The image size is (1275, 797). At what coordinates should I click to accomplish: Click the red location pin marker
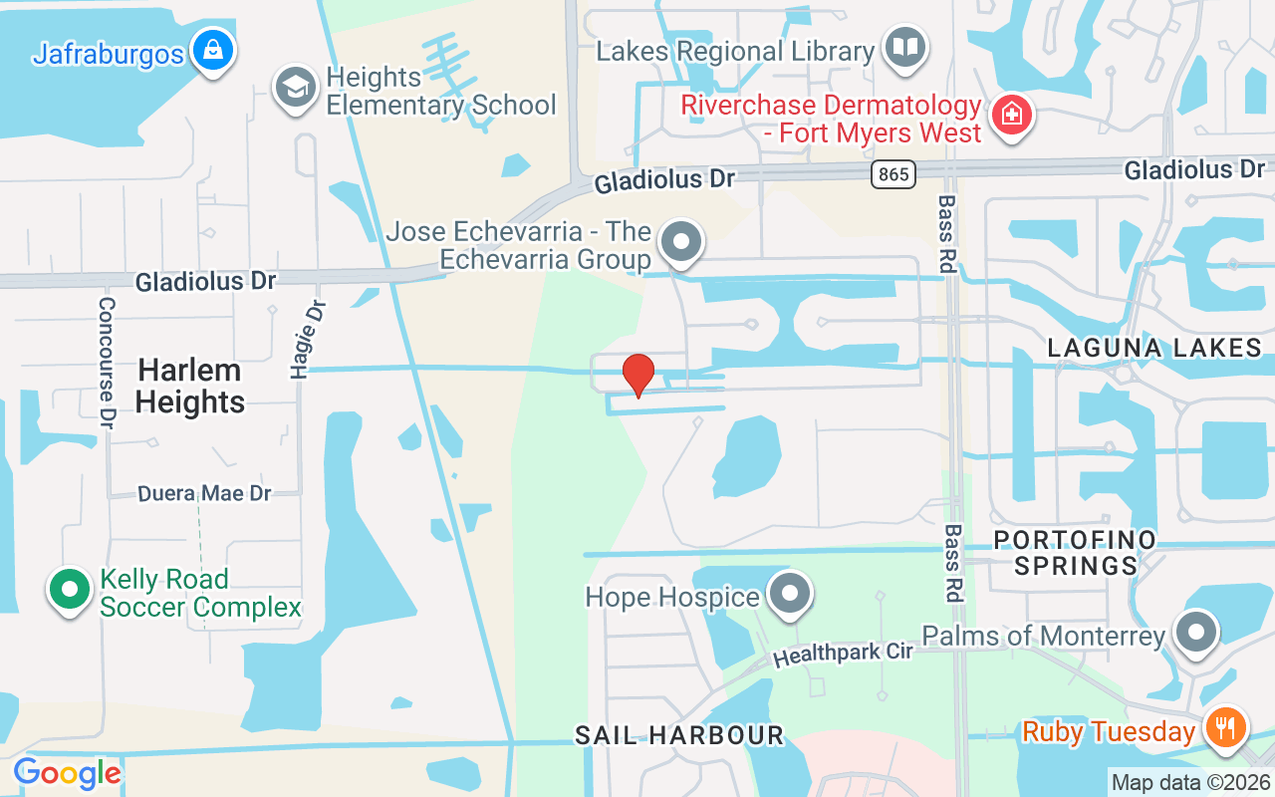click(x=637, y=375)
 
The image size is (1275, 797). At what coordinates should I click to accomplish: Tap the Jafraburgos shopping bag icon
click(x=213, y=49)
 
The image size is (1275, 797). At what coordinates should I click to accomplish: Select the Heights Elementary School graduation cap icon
click(x=295, y=87)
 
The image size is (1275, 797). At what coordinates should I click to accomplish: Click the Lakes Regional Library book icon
click(x=905, y=47)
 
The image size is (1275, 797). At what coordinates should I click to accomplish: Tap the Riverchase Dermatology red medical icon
click(x=1011, y=114)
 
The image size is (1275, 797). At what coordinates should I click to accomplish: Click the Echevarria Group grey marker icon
click(x=682, y=241)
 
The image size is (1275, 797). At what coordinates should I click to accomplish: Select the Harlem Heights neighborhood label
click(x=189, y=386)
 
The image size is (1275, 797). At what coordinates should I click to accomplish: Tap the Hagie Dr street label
click(x=308, y=340)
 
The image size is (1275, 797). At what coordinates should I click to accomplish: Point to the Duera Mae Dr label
click(x=204, y=493)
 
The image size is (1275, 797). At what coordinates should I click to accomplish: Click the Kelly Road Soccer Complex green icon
click(x=69, y=589)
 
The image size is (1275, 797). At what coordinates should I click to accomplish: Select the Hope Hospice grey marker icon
click(x=791, y=594)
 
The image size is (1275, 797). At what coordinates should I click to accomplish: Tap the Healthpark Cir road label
click(x=843, y=655)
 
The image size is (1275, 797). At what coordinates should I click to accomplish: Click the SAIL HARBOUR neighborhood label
click(x=679, y=736)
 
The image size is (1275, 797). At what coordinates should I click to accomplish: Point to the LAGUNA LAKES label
click(x=1154, y=348)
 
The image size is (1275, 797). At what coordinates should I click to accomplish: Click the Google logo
click(x=67, y=772)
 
